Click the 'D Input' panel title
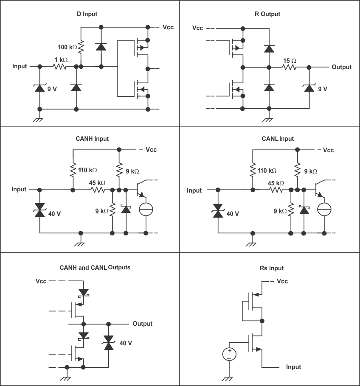coord(84,14)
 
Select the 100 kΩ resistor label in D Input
coord(67,47)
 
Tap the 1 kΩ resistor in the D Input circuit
coord(60,67)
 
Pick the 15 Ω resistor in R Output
coord(290,67)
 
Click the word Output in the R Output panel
coord(341,67)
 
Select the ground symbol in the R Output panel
coord(268,119)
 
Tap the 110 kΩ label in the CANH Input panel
coord(87,170)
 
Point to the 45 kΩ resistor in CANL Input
coord(276,190)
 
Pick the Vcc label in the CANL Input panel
coord(328,150)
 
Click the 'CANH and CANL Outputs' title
coord(95,268)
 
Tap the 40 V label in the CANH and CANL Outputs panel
coord(126,343)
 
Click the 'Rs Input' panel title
coord(271,268)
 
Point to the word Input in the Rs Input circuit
coord(293,367)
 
